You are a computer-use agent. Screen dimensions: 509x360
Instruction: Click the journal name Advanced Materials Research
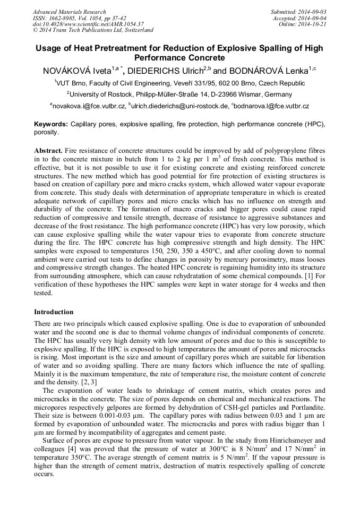coord(69,12)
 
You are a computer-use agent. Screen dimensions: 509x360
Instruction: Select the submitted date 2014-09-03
coord(313,12)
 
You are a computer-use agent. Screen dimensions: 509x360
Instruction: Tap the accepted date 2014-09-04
coord(313,18)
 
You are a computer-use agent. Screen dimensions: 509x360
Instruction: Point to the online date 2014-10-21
coord(313,24)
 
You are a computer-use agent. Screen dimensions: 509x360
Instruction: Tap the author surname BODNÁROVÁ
coord(267,70)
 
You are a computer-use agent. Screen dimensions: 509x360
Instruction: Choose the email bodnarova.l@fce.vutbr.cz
coord(272,106)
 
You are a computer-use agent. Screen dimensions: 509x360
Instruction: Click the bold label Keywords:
coord(51,124)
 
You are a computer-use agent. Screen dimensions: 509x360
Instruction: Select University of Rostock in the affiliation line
coord(100,94)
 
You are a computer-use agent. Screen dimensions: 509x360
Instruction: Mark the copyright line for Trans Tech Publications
coord(93,31)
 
